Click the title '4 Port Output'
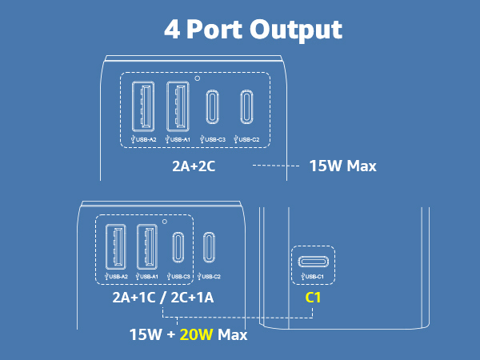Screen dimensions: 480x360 pos(253,30)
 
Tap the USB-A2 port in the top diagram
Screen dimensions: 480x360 pos(143,106)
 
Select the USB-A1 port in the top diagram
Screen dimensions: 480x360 pos(178,106)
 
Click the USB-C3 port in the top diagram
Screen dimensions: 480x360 pos(212,107)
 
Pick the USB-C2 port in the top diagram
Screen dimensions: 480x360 pos(246,107)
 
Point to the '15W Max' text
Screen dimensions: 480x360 pos(343,166)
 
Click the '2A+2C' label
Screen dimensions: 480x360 pos(194,166)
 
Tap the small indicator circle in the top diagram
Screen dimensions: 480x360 pos(198,78)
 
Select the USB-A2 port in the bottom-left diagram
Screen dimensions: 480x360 pos(116,246)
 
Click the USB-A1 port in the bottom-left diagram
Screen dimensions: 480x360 pos(147,246)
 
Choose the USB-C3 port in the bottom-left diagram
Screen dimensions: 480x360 pos(178,247)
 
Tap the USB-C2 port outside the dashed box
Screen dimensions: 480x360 pos(209,247)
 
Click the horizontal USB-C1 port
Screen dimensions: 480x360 pos(313,262)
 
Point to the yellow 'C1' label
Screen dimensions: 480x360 pos(313,298)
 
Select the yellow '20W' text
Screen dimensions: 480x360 pos(196,334)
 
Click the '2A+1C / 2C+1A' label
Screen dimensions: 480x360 pos(163,298)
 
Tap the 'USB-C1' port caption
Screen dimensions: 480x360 pos(312,277)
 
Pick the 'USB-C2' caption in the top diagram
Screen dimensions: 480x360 pos(246,139)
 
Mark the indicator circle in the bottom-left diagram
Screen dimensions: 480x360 pos(165,222)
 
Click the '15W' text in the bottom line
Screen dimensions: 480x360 pos(146,334)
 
